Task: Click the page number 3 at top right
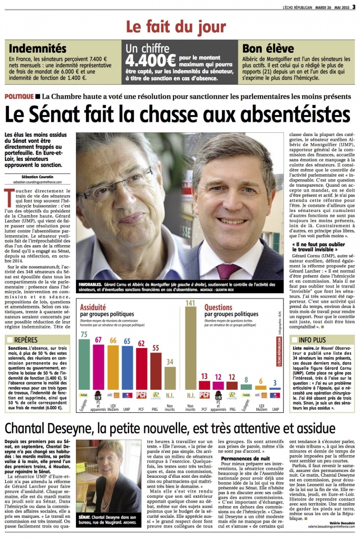click(354, 7)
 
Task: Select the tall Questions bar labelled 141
click(191, 348)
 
